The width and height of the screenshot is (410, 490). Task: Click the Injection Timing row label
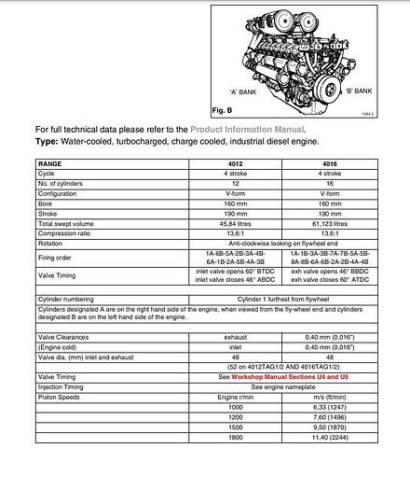pos(62,386)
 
